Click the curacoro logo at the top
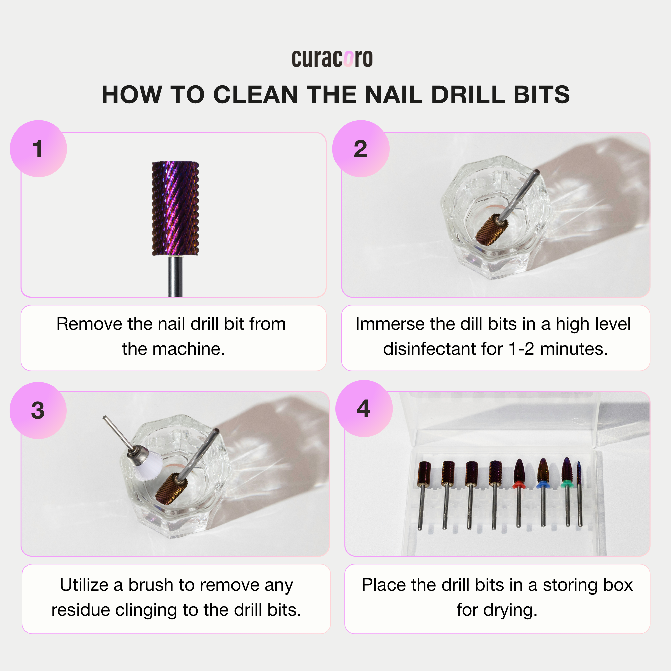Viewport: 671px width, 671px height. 332,59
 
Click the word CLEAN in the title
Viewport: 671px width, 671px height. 256,95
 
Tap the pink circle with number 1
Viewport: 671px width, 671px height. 38,149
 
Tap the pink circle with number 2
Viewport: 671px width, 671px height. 361,149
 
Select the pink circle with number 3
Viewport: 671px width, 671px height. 38,411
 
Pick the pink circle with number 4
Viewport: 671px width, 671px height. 364,408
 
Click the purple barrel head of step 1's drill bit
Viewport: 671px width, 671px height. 175,208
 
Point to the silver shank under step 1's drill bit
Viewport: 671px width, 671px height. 175,276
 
